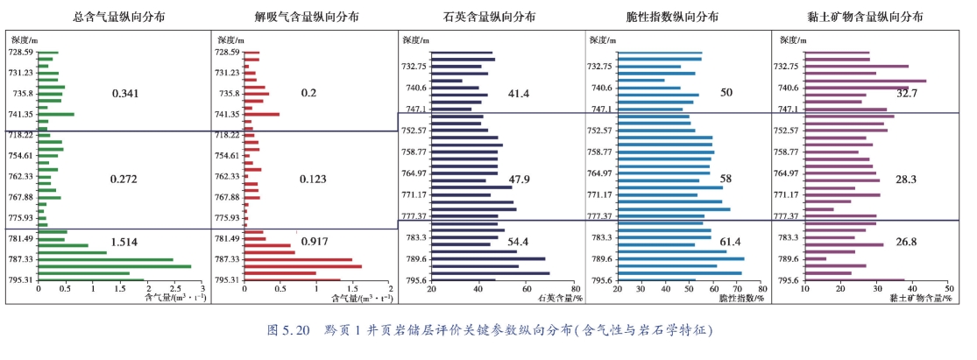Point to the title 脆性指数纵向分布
click(x=677, y=17)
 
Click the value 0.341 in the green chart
click(x=125, y=93)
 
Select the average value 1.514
click(x=125, y=241)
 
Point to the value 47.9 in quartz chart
click(x=520, y=179)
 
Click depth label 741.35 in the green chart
click(x=22, y=114)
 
